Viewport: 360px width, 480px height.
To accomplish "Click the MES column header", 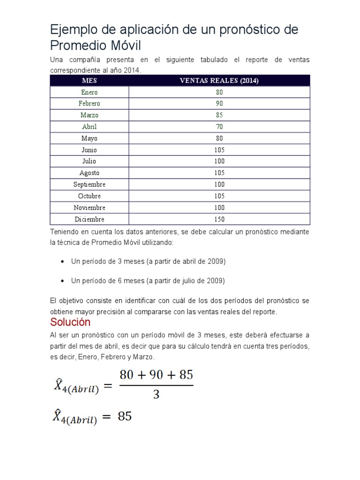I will point(89,81).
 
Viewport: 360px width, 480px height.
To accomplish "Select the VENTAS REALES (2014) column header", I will point(219,81).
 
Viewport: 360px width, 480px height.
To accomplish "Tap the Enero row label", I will point(89,92).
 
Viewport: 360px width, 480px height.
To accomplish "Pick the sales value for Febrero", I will point(219,104).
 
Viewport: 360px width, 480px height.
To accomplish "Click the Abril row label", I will point(89,127).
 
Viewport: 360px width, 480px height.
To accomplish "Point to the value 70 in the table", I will point(219,127).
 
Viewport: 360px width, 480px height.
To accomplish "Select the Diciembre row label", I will point(89,219).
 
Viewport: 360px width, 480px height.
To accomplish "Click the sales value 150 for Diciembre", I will point(219,219).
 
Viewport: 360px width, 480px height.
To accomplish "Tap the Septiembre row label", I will point(89,185).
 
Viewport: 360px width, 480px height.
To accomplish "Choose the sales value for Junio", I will point(219,150).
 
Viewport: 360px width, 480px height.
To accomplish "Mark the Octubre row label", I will point(89,196).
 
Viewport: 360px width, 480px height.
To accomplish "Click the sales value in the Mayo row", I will point(219,138).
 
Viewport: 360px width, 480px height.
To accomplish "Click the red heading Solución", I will point(70,323).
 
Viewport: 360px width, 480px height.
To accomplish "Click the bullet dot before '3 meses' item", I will point(62,262).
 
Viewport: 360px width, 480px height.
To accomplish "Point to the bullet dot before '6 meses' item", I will point(62,281).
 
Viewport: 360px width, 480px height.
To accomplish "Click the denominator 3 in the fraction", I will point(156,395).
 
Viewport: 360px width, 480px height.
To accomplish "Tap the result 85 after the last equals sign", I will point(125,416).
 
